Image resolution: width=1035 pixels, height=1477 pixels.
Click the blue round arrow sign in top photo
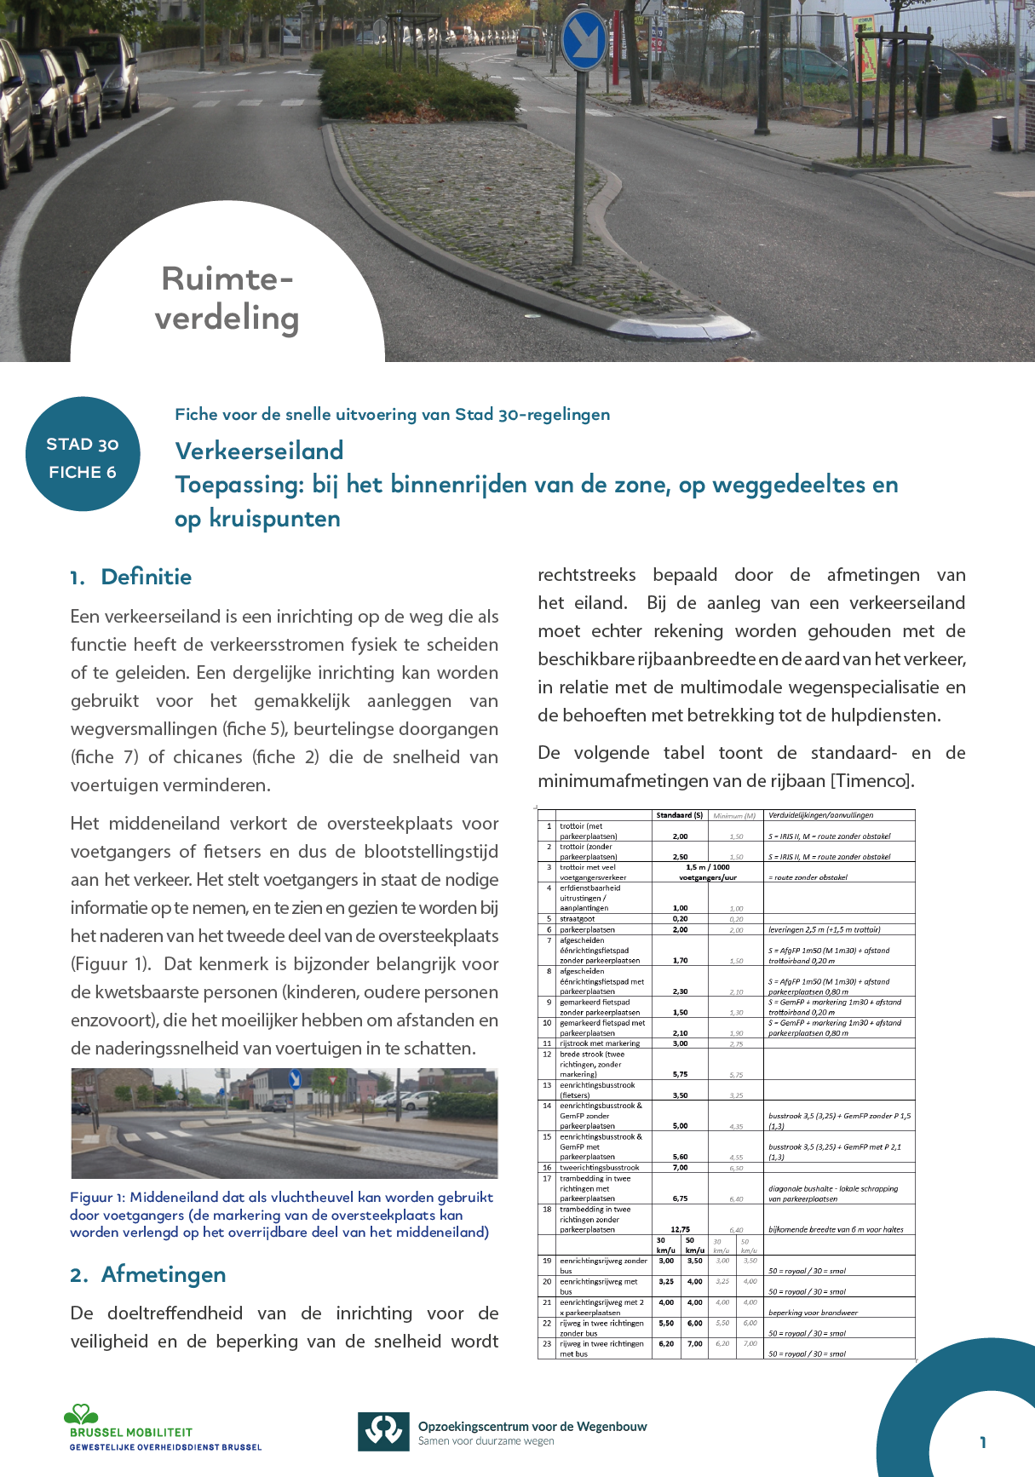tap(584, 40)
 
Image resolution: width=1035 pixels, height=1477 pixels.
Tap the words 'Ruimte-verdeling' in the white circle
tap(227, 298)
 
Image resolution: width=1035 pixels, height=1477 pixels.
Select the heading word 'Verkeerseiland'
tap(259, 451)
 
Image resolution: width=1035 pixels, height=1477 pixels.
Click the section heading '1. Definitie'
tap(131, 577)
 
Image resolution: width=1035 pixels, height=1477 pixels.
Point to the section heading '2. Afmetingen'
tap(148, 1274)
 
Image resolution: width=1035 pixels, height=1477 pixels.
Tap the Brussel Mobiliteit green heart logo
tap(82, 1415)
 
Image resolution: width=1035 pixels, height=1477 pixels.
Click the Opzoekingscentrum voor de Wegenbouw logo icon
tap(383, 1431)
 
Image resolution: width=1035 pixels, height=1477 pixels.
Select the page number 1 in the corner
tap(982, 1442)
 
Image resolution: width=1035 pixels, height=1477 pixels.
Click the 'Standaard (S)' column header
tap(679, 815)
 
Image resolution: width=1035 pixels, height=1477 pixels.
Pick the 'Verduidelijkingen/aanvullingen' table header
tap(820, 815)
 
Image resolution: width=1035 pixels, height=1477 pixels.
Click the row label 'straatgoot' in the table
tap(578, 919)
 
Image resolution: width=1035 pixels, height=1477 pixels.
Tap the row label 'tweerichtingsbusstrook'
tap(599, 1168)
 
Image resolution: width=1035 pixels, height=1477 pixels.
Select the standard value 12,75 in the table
tap(680, 1229)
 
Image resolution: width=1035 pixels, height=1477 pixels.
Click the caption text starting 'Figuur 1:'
tap(281, 1215)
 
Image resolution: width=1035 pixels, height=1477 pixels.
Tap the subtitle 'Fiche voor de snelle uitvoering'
tap(392, 415)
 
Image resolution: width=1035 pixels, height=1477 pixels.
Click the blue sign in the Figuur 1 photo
tap(295, 1079)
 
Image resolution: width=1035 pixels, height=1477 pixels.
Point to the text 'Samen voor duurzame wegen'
tap(486, 1441)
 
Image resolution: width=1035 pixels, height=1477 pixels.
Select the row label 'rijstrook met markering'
tap(600, 1043)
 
